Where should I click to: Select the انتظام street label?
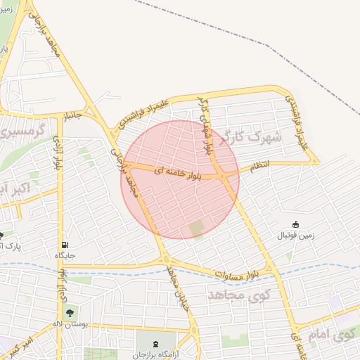260,167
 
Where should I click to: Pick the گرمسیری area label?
21,130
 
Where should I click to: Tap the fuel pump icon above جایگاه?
65,245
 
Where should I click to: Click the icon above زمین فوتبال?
295,225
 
